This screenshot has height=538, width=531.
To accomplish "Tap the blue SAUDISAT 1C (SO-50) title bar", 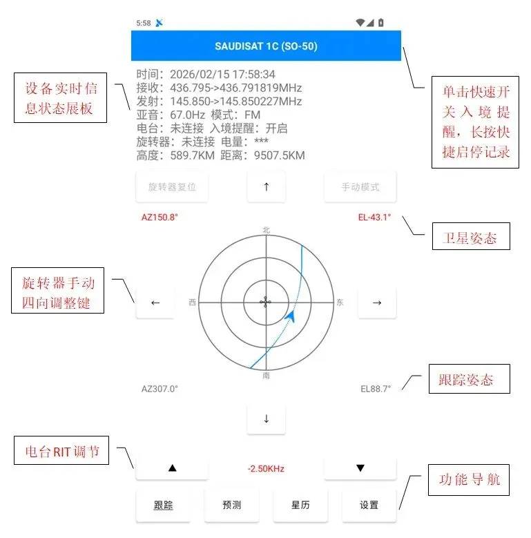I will pos(266,47).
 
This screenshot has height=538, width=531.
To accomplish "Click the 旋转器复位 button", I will pos(172,187).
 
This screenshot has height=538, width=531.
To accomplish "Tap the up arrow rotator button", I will pos(266,187).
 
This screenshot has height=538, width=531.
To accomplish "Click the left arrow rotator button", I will pos(155,302).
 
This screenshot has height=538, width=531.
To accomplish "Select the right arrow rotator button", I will pos(377,302).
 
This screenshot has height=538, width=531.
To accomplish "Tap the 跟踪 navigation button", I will pos(163,505).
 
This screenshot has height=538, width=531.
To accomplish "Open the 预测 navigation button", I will pos(232,505).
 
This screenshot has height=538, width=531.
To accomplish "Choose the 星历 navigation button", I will pos(300,505).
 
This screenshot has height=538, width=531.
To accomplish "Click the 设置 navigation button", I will pos(369,505).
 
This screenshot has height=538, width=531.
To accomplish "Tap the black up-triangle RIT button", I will pos(172,468).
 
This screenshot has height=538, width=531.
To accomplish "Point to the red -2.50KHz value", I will pos(266,469).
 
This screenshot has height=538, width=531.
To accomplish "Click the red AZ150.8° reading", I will pos(160,217).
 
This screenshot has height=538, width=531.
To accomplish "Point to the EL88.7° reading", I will pos(376,389).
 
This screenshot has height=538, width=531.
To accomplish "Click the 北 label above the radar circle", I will pos(266,230).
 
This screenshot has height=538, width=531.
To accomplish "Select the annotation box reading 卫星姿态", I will pos(470,238).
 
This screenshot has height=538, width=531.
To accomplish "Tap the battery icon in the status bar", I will pos(381,23).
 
